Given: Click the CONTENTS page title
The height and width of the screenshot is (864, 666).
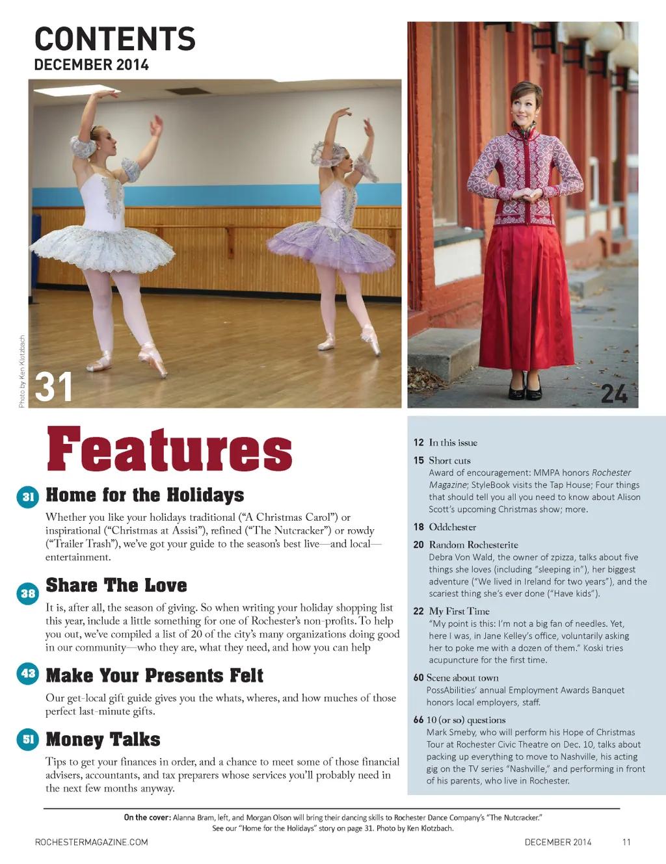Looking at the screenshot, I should click(114, 39).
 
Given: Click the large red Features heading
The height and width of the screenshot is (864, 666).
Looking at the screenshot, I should click(169, 449).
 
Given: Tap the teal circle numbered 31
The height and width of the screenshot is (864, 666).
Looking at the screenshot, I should click(27, 497).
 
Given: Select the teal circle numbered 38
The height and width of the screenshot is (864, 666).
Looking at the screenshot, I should click(27, 593).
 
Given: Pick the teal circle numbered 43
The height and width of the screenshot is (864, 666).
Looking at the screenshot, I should click(27, 674).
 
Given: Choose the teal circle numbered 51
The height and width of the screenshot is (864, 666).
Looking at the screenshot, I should click(27, 739).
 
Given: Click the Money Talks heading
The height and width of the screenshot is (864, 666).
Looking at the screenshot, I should click(103, 740).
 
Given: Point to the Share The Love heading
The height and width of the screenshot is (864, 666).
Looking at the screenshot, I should click(116, 585).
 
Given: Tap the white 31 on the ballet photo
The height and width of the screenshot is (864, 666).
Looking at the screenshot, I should click(53, 387).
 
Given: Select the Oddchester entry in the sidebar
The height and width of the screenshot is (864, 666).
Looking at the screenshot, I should click(452, 527).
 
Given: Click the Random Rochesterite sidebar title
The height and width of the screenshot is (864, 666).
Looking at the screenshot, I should click(473, 545).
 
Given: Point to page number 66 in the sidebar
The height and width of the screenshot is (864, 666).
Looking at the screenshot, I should click(418, 720).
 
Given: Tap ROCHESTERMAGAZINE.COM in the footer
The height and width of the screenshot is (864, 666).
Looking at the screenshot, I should click(91, 843).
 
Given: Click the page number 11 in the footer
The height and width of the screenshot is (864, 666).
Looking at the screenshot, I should click(626, 843).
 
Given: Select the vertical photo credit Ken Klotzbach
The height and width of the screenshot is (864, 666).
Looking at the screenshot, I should click(22, 371).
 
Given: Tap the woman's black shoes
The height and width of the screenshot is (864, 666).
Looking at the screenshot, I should click(525, 389).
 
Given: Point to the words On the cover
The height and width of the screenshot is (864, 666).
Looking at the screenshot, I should click(147, 817).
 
